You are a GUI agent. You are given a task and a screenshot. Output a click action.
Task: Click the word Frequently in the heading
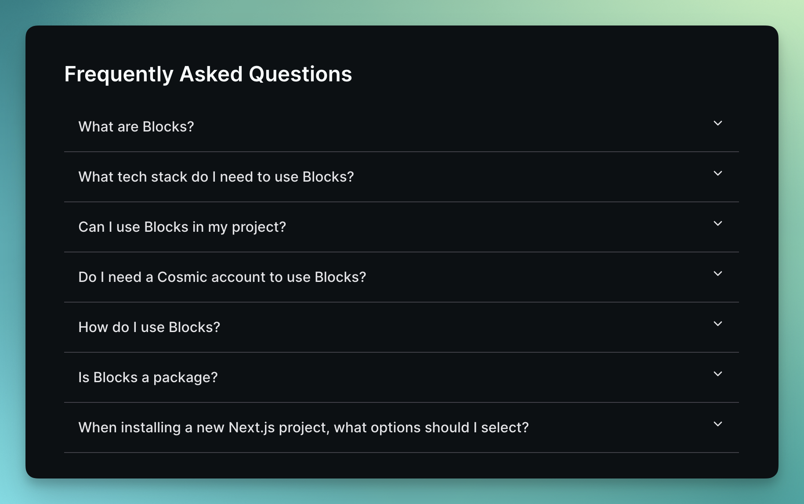pos(119,74)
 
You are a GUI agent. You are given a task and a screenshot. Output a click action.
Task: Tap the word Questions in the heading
pos(301,74)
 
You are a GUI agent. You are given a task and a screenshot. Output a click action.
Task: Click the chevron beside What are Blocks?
pos(718,124)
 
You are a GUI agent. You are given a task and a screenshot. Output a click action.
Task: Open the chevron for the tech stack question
pos(718,174)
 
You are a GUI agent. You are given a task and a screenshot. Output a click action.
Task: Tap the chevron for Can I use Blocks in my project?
pos(718,224)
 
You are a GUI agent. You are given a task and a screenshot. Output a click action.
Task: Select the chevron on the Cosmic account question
pos(718,274)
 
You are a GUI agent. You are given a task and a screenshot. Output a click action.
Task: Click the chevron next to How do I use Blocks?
pos(718,324)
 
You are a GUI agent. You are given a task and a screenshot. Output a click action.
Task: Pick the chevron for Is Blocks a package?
pos(718,374)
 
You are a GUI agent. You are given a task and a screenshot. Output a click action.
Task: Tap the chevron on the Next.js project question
pos(718,424)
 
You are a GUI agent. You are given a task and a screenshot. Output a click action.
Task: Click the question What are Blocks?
pos(136,127)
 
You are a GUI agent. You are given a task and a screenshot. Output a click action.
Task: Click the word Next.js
pos(252,427)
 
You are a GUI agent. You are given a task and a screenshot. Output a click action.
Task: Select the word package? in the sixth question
pos(185,378)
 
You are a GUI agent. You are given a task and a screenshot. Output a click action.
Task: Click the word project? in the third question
pos(259,227)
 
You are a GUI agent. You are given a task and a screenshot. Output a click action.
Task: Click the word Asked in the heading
pos(211,74)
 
